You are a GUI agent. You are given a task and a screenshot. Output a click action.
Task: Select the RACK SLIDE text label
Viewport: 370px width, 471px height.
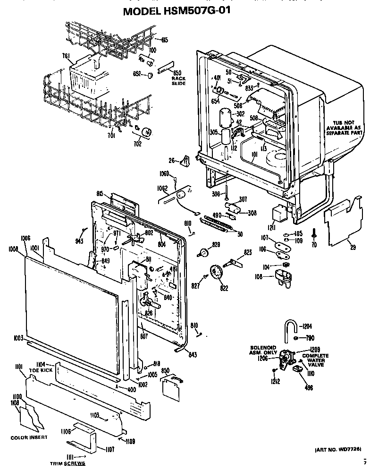178,80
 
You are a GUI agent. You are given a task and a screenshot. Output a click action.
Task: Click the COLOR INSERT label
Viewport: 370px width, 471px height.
29,437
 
